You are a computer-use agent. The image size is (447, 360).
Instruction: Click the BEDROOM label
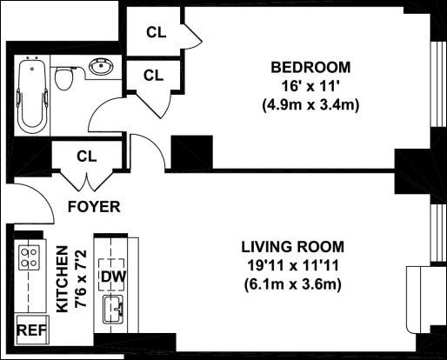310,67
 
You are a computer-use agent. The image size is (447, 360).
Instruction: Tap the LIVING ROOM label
293,247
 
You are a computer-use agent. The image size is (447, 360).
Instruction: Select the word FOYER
94,207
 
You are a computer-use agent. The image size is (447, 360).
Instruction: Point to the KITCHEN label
62,279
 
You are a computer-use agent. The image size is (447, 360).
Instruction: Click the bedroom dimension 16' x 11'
310,86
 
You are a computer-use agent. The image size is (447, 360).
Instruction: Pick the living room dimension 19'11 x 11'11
293,265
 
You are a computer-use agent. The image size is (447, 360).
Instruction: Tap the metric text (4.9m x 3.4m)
310,105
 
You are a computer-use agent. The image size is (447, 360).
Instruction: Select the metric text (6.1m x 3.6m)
293,284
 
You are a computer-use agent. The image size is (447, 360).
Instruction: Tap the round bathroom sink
101,68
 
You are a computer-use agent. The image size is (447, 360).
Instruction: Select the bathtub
32,95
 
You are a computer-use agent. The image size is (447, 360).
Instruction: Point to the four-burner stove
29,257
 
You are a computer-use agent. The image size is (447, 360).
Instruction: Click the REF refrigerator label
31,330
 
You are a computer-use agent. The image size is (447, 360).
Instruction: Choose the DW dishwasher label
113,277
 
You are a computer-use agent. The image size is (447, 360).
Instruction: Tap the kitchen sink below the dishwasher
114,310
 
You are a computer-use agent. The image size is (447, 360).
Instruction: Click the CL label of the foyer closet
86,157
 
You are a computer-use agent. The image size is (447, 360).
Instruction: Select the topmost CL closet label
157,32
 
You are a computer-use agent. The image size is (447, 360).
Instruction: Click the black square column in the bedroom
192,152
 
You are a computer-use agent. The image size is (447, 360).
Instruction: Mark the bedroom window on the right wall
438,84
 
